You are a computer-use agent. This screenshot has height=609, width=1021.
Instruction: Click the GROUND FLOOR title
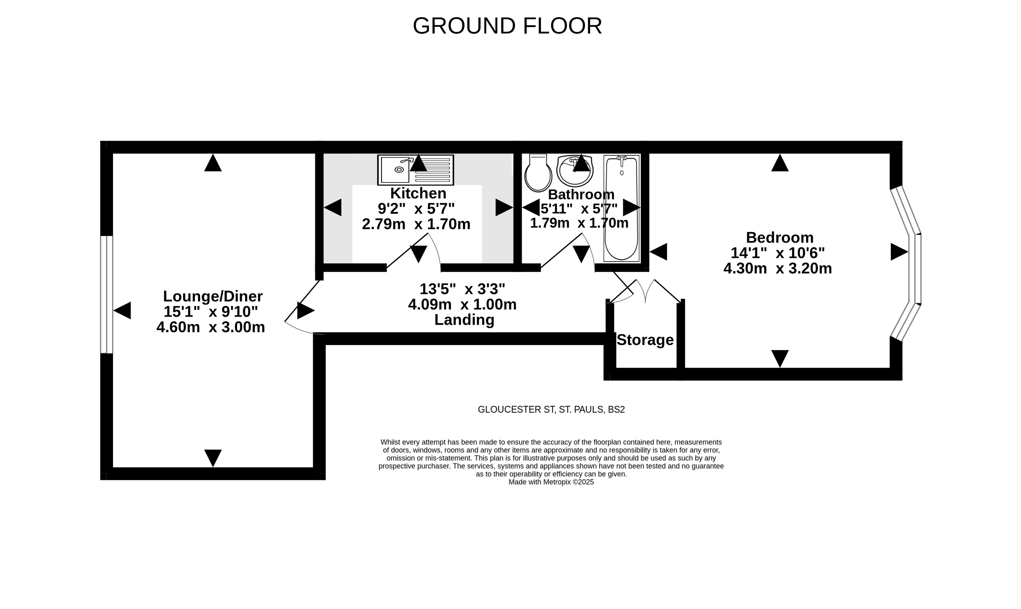coord(507,26)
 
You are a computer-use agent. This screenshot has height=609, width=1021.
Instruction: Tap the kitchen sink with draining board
coord(415,170)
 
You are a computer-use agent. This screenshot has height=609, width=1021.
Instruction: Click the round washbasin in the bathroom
coord(575,171)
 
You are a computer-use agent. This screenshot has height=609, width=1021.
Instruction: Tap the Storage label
coord(645,340)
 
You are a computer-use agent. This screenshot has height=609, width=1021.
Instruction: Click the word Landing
coord(464,320)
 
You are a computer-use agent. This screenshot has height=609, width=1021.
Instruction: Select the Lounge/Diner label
coord(213,296)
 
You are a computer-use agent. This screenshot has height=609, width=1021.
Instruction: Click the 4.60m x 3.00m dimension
coord(211,327)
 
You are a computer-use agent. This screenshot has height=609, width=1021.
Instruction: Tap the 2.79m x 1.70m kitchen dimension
coord(416,224)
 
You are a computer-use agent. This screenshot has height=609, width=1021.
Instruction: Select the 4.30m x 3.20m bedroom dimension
coord(778,269)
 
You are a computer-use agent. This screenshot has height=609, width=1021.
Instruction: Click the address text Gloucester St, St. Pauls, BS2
coord(551,409)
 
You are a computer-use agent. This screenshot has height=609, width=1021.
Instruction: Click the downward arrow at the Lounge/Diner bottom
coord(213,458)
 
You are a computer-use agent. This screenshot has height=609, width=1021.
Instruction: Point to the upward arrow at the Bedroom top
coord(780,163)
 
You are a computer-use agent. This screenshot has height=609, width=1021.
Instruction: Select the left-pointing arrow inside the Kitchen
coord(333,208)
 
